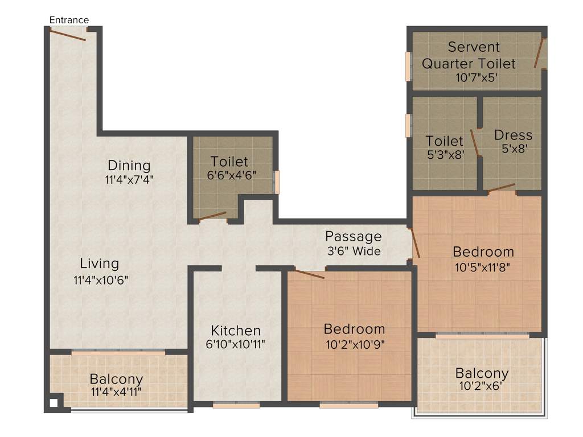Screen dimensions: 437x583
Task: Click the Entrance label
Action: pos(69,20)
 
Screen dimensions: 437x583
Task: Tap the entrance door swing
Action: pos(68,35)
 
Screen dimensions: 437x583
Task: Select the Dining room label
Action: pos(129,166)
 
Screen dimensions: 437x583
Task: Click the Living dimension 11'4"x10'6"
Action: pos(101,280)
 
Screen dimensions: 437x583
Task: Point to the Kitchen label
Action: pos(236,330)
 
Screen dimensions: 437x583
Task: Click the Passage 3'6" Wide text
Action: pos(353,243)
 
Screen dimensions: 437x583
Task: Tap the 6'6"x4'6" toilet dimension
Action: pos(232,175)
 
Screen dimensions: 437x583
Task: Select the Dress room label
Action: pos(513,135)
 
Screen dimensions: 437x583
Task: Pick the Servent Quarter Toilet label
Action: pos(469,55)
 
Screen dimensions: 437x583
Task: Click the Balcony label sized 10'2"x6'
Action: pos(482,373)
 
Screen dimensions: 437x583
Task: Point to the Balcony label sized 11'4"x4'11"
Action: pos(116,379)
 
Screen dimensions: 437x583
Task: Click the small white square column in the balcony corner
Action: pos(53,403)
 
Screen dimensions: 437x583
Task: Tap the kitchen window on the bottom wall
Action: pos(236,405)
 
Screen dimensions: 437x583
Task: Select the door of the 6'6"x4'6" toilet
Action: pos(212,216)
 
